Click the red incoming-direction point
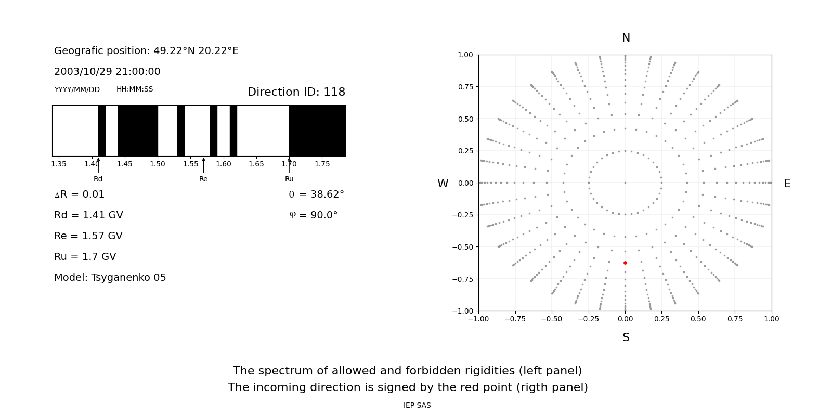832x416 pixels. [x=625, y=263]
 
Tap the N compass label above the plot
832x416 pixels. [x=626, y=38]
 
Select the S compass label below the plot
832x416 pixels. [x=626, y=337]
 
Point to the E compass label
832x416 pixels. [x=787, y=184]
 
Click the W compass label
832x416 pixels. [x=443, y=184]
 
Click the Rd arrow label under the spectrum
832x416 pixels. [x=98, y=179]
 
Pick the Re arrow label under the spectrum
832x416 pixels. [x=203, y=179]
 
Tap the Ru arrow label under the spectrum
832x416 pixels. [x=289, y=179]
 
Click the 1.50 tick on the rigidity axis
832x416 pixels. [x=158, y=164]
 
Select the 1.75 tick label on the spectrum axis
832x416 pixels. [x=322, y=164]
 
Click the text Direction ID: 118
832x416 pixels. [x=296, y=92]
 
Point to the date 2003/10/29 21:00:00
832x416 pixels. [x=107, y=72]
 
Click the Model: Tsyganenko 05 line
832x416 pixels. [x=110, y=278]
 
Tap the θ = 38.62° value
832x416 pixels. [x=316, y=194]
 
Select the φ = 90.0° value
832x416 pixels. [x=313, y=215]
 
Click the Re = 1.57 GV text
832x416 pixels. [x=88, y=236]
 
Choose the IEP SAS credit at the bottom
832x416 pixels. [x=417, y=406]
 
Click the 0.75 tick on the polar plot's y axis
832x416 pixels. [x=465, y=87]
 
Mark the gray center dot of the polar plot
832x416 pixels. [x=625, y=183]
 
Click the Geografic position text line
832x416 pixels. [x=146, y=51]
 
